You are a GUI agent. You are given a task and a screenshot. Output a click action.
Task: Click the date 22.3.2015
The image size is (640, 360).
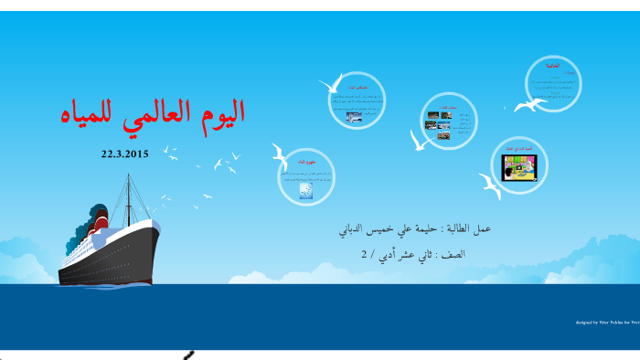(x=124, y=154)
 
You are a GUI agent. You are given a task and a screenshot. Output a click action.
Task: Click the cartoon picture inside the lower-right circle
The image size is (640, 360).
(x=519, y=167)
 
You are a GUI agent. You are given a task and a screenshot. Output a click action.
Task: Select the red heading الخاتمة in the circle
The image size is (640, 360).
(x=554, y=67)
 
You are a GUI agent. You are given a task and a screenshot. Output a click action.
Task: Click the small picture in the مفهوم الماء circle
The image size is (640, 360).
(x=306, y=190)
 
